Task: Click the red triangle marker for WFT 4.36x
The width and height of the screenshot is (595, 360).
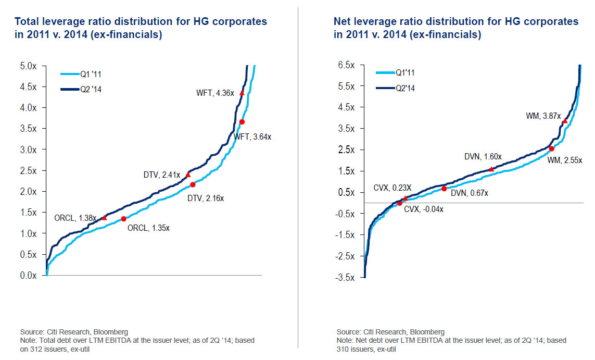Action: pyautogui.click(x=242, y=93)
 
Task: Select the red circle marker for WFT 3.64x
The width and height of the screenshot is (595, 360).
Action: pyautogui.click(x=242, y=122)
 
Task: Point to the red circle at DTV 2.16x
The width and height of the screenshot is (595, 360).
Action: pyautogui.click(x=193, y=184)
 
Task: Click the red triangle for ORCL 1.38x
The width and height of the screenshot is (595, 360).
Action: pyautogui.click(x=104, y=217)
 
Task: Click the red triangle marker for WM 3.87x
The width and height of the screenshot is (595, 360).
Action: pyautogui.click(x=565, y=121)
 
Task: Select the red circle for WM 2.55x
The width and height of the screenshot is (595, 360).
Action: pyautogui.click(x=552, y=148)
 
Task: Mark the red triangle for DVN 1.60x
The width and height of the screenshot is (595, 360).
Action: pyautogui.click(x=491, y=169)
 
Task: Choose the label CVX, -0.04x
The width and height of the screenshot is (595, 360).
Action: pyautogui.click(x=422, y=209)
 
